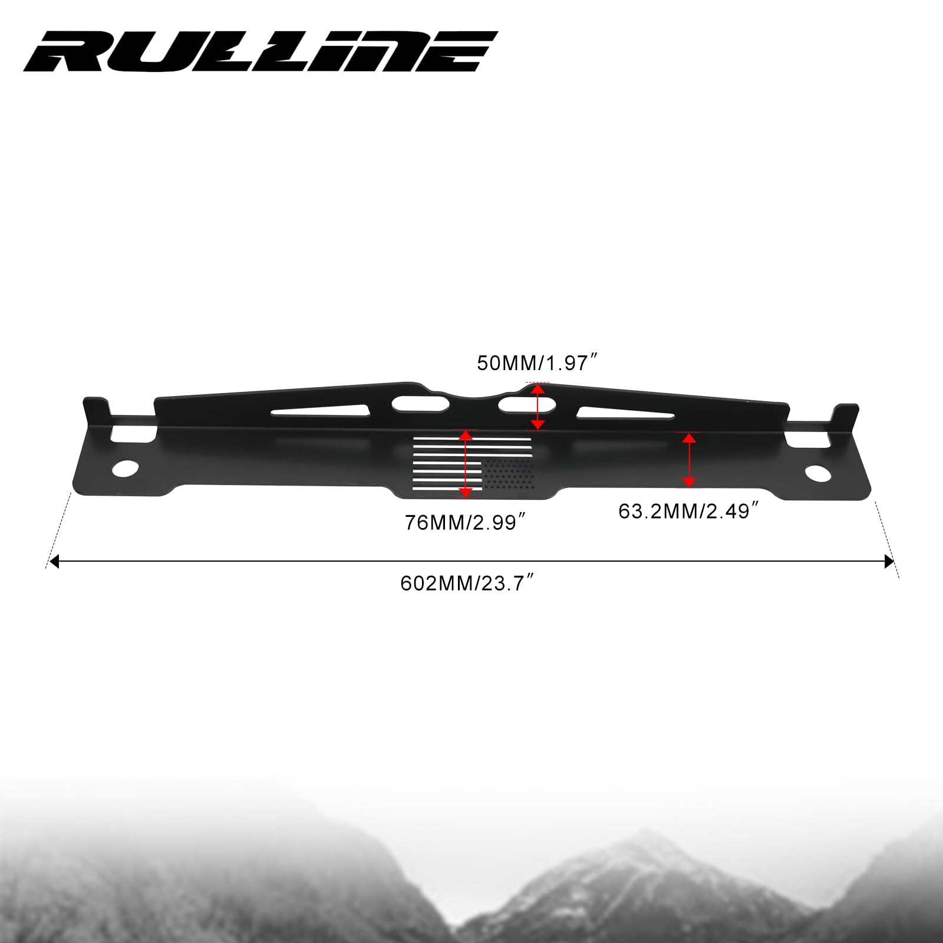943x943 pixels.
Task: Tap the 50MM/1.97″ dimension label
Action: [x=538, y=363]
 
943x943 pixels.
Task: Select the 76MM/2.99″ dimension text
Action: [x=464, y=522]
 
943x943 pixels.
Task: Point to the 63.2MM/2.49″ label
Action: [x=687, y=511]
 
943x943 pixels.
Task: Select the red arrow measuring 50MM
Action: [x=537, y=407]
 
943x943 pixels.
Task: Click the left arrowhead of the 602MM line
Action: [x=54, y=561]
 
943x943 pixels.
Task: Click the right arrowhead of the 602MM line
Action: [x=889, y=561]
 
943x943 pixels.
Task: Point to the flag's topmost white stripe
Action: [x=471, y=439]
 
